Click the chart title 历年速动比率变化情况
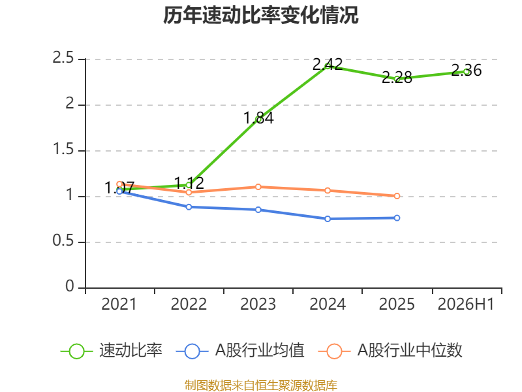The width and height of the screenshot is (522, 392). pyautogui.click(x=260, y=15)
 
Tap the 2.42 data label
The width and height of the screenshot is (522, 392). pyautogui.click(x=328, y=64)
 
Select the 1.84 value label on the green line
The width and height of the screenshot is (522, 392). pyautogui.click(x=258, y=118)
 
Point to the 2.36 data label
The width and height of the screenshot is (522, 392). pyautogui.click(x=467, y=71)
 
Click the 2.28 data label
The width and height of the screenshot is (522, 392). pyautogui.click(x=397, y=78)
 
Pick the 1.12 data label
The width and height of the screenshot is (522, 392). pyautogui.click(x=189, y=184)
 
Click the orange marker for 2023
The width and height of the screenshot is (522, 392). pyautogui.click(x=258, y=187)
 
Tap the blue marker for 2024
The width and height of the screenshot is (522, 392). pyautogui.click(x=328, y=219)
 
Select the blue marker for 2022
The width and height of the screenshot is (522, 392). pyautogui.click(x=189, y=207)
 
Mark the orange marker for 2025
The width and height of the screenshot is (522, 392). pyautogui.click(x=397, y=196)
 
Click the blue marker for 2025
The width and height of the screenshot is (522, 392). pyautogui.click(x=397, y=218)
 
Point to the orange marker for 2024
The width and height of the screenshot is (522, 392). pyautogui.click(x=328, y=191)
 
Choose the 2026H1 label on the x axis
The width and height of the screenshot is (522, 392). pyautogui.click(x=466, y=304)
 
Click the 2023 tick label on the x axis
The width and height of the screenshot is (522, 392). pyautogui.click(x=258, y=304)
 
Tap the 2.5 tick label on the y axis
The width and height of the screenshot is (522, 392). pyautogui.click(x=63, y=58)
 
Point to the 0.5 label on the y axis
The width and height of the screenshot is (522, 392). pyautogui.click(x=63, y=240)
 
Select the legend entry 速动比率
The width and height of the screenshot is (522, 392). pyautogui.click(x=111, y=351)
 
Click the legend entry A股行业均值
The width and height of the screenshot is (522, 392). pyautogui.click(x=240, y=351)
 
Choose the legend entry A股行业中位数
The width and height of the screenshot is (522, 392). pyautogui.click(x=390, y=351)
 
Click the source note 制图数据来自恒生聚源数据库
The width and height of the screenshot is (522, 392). pyautogui.click(x=260, y=385)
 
